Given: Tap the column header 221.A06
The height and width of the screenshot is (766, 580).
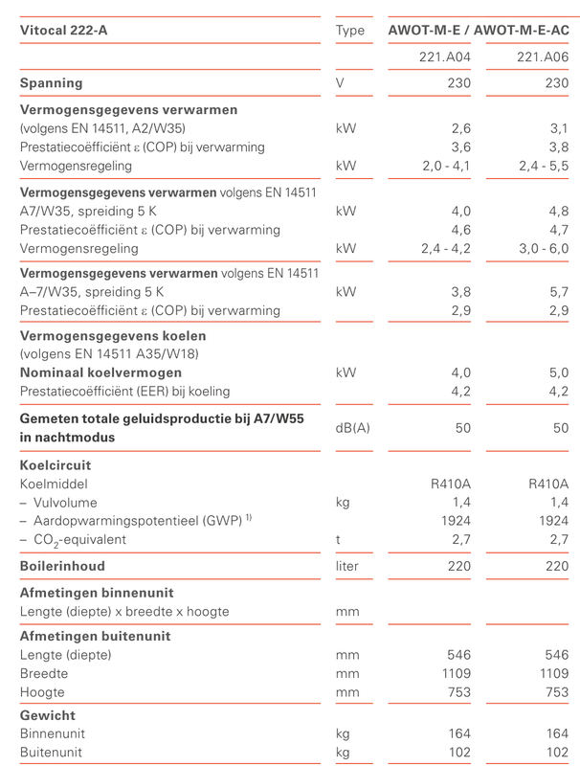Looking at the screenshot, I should point(543,57).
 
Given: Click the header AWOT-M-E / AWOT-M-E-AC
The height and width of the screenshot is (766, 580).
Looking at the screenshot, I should point(479,30).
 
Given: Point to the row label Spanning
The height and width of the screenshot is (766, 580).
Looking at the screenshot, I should point(51,83).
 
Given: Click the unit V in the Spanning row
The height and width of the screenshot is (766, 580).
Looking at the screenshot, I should point(341,83).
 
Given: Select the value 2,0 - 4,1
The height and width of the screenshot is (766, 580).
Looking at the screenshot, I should point(447,166).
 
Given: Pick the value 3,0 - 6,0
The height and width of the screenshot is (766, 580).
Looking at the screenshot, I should point(543,248).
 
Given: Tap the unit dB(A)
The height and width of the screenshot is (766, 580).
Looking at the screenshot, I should point(352,428).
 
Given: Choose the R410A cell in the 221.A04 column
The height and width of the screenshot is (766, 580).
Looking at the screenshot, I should point(452,484).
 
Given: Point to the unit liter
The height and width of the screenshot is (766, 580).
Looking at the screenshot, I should point(347,566).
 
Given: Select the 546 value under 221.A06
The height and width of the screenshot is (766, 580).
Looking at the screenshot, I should point(554,655).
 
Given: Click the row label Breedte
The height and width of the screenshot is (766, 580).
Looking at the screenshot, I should point(44,673).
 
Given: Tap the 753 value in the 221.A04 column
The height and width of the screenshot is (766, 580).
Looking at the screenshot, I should point(459,691).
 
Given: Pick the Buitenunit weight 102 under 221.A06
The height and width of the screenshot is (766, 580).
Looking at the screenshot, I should point(554,752).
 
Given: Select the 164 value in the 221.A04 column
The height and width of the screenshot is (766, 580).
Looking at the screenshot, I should point(459,733).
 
